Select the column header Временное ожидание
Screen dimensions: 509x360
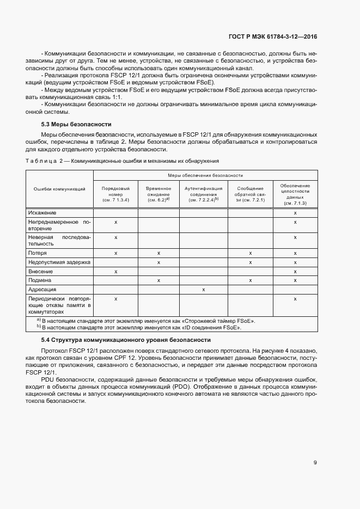pos(158,194)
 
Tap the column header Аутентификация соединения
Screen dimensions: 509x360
pos(203,194)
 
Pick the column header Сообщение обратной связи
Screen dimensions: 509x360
pos(250,194)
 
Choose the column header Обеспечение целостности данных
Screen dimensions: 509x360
pos(295,194)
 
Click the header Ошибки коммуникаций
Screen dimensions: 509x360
pos(59,189)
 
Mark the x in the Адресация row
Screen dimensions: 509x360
pos(203,290)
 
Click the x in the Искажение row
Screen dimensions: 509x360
pos(295,212)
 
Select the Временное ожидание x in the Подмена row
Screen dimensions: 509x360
pos(158,280)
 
